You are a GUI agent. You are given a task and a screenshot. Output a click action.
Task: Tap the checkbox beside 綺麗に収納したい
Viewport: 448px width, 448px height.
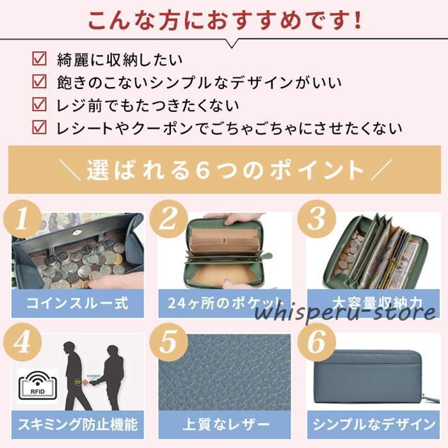click(40, 60)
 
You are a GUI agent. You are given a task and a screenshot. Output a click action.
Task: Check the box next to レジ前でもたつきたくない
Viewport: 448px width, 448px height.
click(40, 104)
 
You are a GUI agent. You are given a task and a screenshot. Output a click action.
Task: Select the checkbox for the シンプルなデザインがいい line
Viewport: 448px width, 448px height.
click(40, 82)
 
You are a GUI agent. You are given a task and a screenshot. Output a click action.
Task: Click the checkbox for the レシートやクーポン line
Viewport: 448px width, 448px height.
click(40, 127)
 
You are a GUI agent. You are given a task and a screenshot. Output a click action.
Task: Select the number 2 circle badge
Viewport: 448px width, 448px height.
click(168, 221)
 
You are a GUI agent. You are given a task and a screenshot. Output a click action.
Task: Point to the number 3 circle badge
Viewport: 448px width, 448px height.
click(316, 220)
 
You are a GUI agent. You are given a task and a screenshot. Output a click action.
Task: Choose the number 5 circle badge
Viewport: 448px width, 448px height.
click(168, 344)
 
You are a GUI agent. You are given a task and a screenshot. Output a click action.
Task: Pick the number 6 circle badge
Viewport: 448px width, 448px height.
click(316, 344)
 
